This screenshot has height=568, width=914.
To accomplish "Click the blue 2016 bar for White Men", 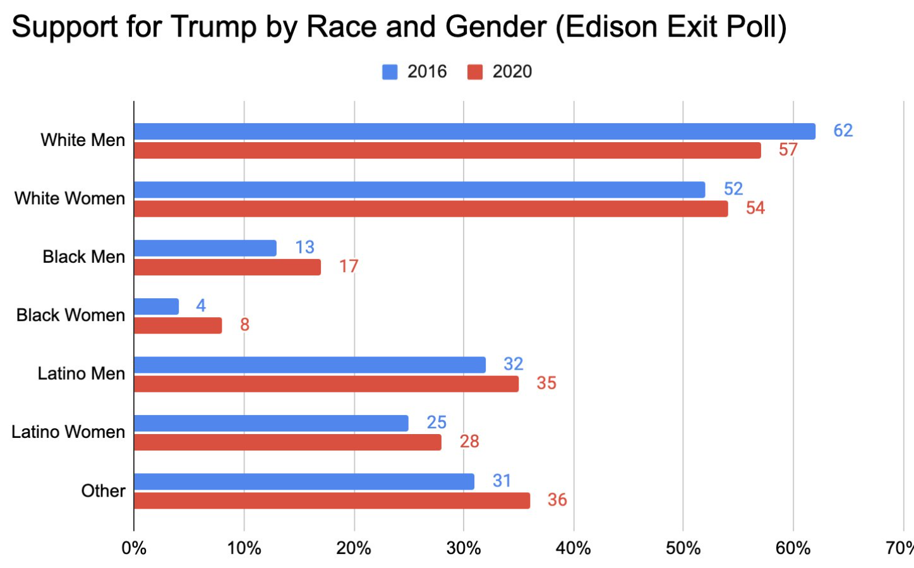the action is click(474, 131).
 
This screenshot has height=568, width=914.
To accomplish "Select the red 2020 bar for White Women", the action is click(431, 208).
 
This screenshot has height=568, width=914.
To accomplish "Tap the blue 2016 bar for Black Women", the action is click(156, 306).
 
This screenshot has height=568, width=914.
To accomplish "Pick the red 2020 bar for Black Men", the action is click(227, 267).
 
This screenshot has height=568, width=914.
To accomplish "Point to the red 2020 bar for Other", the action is click(332, 500).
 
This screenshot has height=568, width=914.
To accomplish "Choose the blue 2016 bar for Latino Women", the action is click(271, 423).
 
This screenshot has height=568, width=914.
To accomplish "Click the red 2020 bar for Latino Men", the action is click(327, 384).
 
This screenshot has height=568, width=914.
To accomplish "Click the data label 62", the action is click(843, 131).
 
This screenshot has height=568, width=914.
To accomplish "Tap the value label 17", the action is click(349, 267).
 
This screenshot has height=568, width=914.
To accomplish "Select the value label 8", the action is click(244, 325).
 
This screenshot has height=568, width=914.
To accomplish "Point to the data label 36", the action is click(557, 500).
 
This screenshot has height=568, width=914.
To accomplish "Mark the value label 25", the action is click(436, 422).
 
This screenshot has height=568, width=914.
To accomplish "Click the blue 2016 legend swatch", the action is click(390, 72).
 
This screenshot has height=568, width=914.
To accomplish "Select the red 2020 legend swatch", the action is click(475, 72).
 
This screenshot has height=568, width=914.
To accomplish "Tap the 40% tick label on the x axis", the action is click(574, 548).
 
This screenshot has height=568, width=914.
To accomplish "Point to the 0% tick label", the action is click(134, 548).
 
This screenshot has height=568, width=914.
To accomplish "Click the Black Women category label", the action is click(71, 315).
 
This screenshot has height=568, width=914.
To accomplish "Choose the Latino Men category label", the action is click(81, 373).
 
